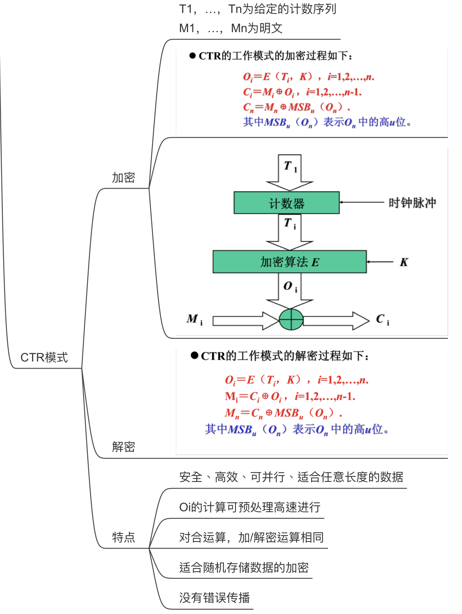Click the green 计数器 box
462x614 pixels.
286,203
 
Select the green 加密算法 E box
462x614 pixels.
290,262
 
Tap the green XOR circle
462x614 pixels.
291,320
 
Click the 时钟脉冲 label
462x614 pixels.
412,203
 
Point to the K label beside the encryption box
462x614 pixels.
404,262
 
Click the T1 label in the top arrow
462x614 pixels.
290,167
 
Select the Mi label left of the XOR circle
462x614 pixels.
194,319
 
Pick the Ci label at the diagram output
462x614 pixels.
382,320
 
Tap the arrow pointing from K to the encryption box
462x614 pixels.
380,262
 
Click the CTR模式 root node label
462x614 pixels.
44,358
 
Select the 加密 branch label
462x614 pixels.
123,178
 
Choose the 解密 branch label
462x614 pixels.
123,447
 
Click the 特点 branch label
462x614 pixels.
123,537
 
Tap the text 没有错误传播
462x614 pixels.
214,598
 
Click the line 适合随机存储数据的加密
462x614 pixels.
244,567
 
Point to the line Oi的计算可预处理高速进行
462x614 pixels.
250,507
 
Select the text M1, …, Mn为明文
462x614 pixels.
230,28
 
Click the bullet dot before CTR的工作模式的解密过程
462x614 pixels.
194,356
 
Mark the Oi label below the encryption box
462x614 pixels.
290,287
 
